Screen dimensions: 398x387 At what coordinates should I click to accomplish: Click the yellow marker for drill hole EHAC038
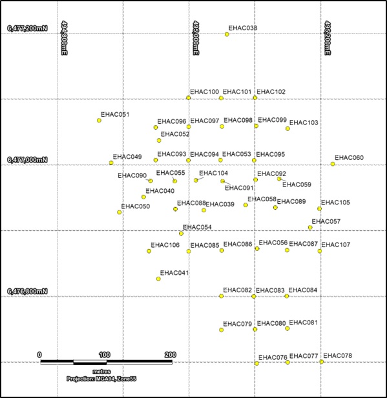click(x=227, y=34)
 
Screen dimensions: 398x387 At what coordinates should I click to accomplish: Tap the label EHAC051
click(x=115, y=115)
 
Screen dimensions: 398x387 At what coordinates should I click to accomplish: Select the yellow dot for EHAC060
click(x=333, y=164)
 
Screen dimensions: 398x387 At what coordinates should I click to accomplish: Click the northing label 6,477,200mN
click(x=27, y=28)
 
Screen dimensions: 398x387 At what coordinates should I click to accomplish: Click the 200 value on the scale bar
click(x=171, y=355)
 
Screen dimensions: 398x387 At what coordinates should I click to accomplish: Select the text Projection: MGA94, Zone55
click(x=101, y=379)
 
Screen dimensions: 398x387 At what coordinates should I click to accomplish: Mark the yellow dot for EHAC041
click(x=158, y=279)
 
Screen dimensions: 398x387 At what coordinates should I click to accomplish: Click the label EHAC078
click(x=337, y=356)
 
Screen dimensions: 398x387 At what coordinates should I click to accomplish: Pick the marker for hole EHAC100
click(x=189, y=98)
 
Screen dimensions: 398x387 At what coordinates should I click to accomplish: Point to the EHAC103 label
click(x=304, y=123)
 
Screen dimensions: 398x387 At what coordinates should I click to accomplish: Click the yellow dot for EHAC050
click(x=120, y=212)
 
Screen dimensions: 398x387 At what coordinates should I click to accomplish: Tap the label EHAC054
click(x=197, y=227)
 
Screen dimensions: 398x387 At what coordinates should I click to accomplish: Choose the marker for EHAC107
click(x=320, y=251)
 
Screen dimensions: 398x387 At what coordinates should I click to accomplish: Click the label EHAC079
click(x=237, y=323)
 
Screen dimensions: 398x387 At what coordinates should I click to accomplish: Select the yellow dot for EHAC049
click(x=111, y=163)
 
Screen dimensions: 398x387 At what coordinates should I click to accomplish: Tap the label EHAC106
click(x=165, y=245)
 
